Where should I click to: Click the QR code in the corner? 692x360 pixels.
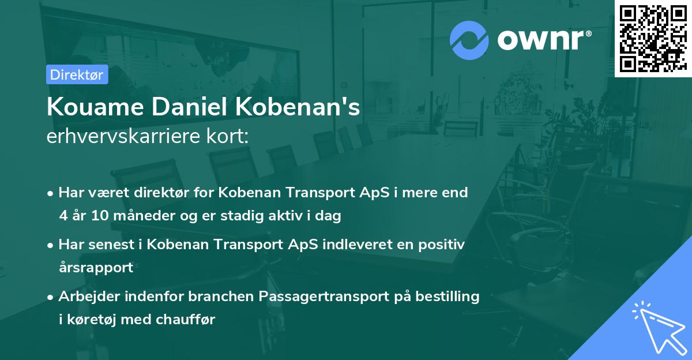point(653,38)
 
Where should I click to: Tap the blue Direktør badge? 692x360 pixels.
point(77,74)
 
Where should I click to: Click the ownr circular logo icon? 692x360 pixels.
point(469,40)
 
